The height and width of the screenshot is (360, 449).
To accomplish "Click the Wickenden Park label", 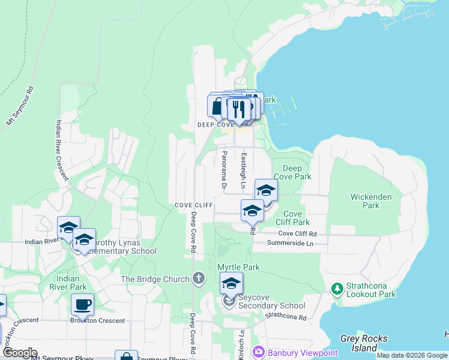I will coord(372,201).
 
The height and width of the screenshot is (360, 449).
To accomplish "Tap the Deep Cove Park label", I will coord(292,173).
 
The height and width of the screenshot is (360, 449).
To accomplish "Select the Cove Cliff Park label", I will coord(292,218).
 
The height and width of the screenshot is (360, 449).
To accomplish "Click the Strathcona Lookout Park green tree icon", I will coord(337,289).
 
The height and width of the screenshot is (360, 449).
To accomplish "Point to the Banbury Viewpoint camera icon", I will coord(259,351).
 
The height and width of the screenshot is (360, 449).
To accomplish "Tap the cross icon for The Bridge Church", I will coord(199,278).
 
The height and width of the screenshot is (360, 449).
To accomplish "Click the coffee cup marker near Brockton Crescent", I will coord(82,304).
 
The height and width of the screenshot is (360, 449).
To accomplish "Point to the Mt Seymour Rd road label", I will coord(20,106).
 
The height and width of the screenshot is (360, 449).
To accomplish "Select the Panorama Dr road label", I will coord(223,170).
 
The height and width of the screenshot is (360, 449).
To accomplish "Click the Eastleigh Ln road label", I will coord(244,170).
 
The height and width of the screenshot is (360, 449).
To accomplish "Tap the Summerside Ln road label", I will coord(291,244).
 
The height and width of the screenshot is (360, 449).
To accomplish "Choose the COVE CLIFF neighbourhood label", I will coord(194,205).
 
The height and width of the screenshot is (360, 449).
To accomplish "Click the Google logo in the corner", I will coord(20,352).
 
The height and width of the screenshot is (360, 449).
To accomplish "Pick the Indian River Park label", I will coord(71,283).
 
